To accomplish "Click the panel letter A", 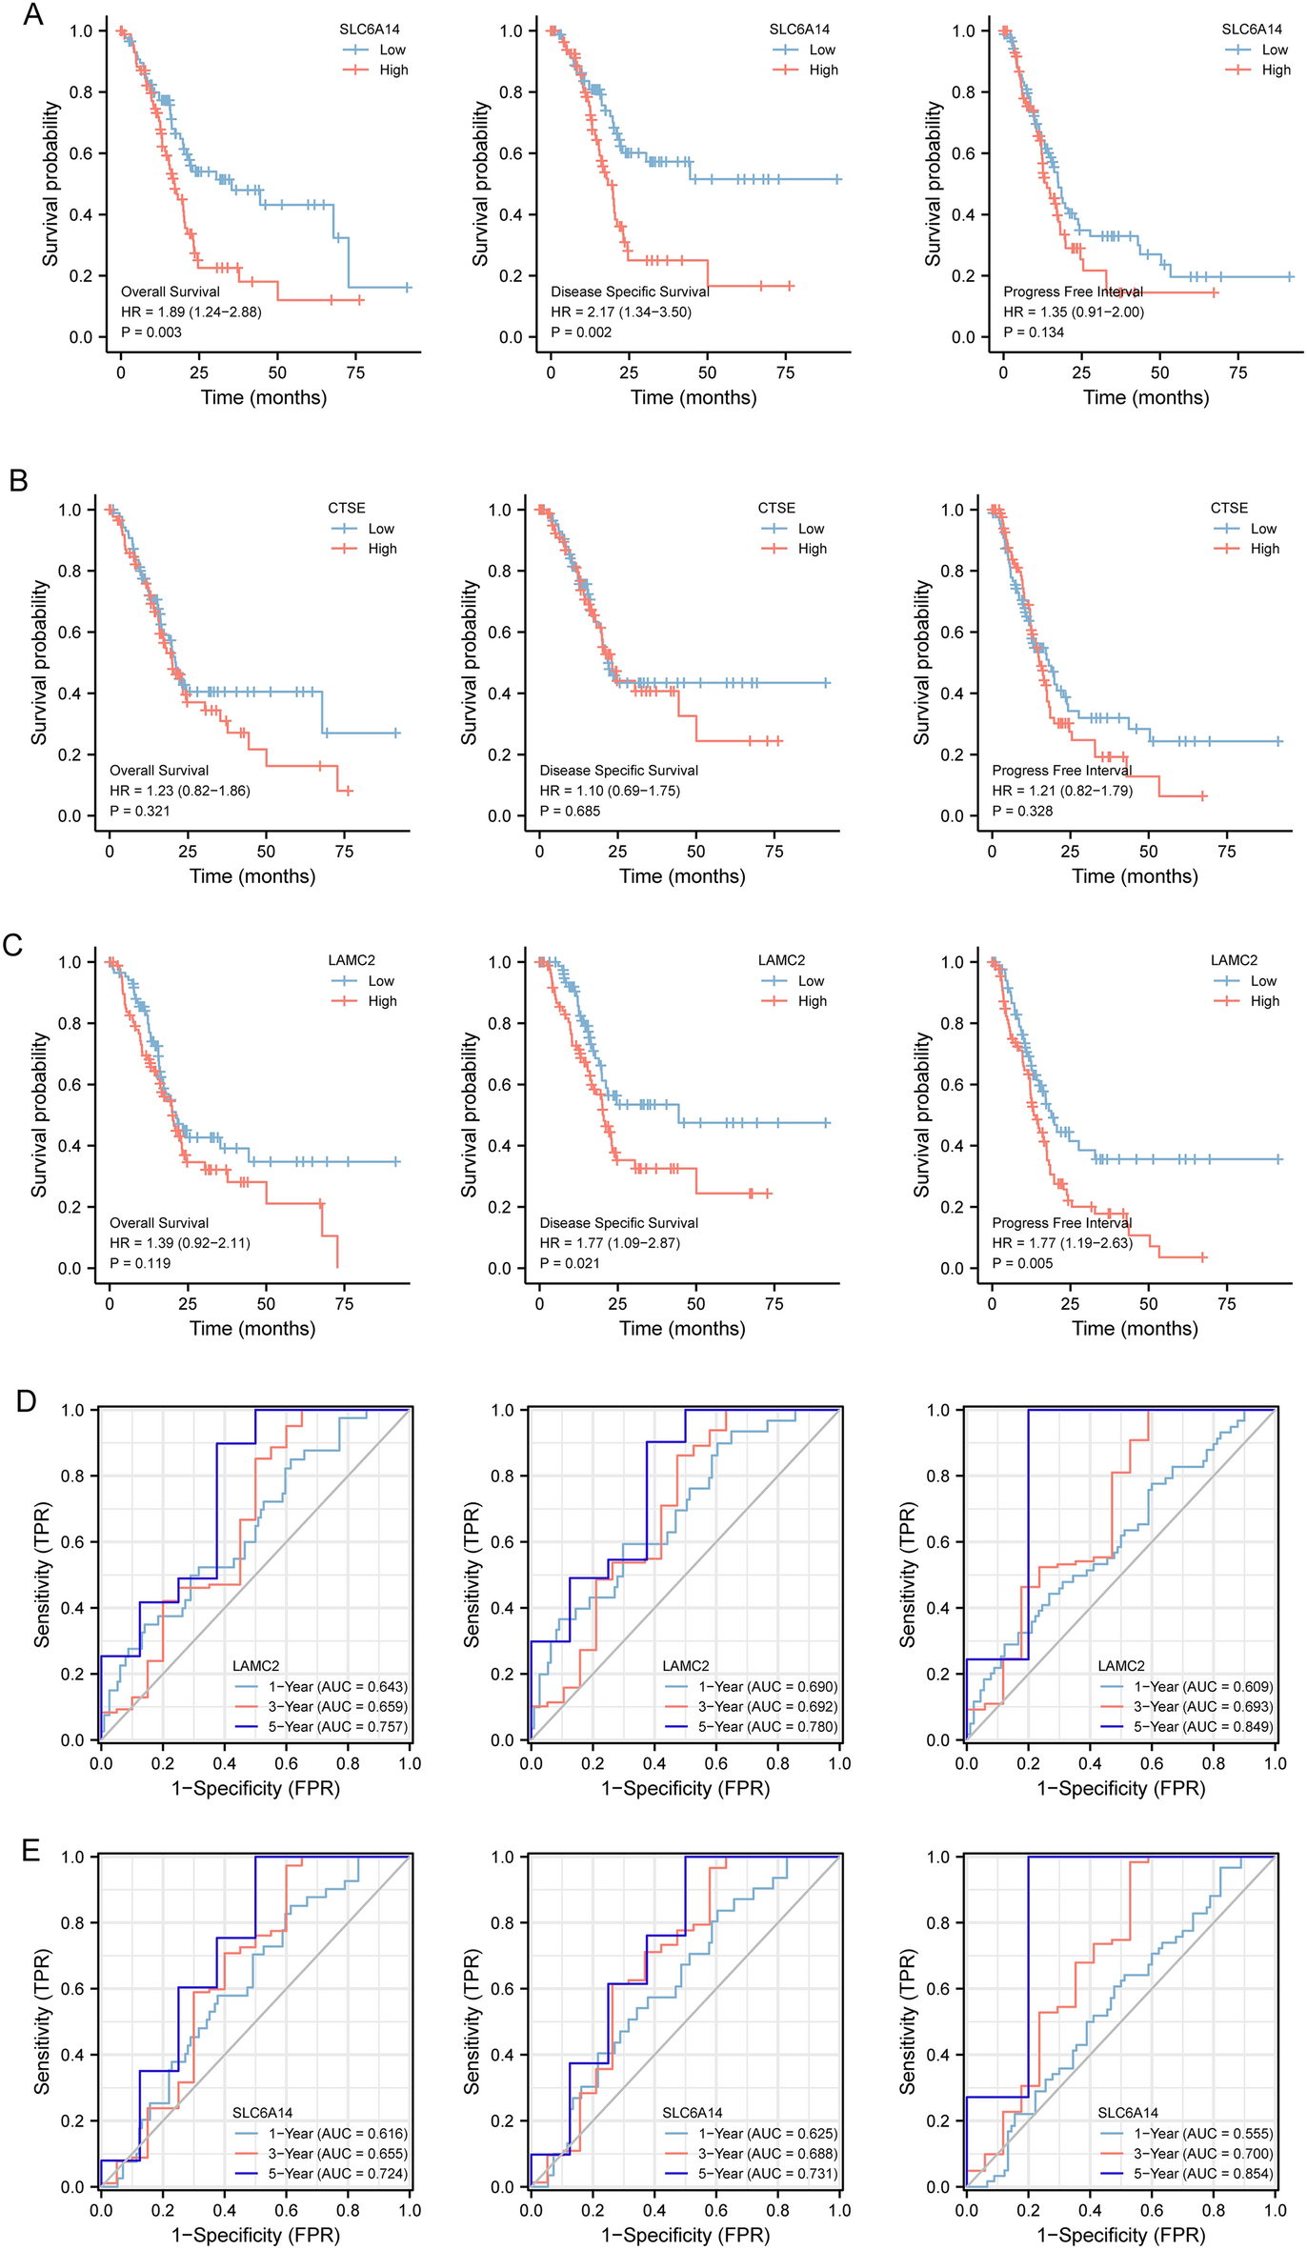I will click(32, 15).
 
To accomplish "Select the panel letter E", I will click(30, 1849).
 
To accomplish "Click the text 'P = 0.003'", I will click(151, 332).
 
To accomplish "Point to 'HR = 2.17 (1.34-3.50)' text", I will click(621, 312).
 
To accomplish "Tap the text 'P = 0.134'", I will click(1034, 332).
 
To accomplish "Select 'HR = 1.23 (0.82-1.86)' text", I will click(180, 791).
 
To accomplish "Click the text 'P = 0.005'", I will click(1022, 1264).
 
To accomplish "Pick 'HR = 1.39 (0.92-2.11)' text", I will click(180, 1243).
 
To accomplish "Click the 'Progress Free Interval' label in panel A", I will click(1073, 291).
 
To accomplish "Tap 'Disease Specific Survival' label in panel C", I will click(619, 1223).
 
